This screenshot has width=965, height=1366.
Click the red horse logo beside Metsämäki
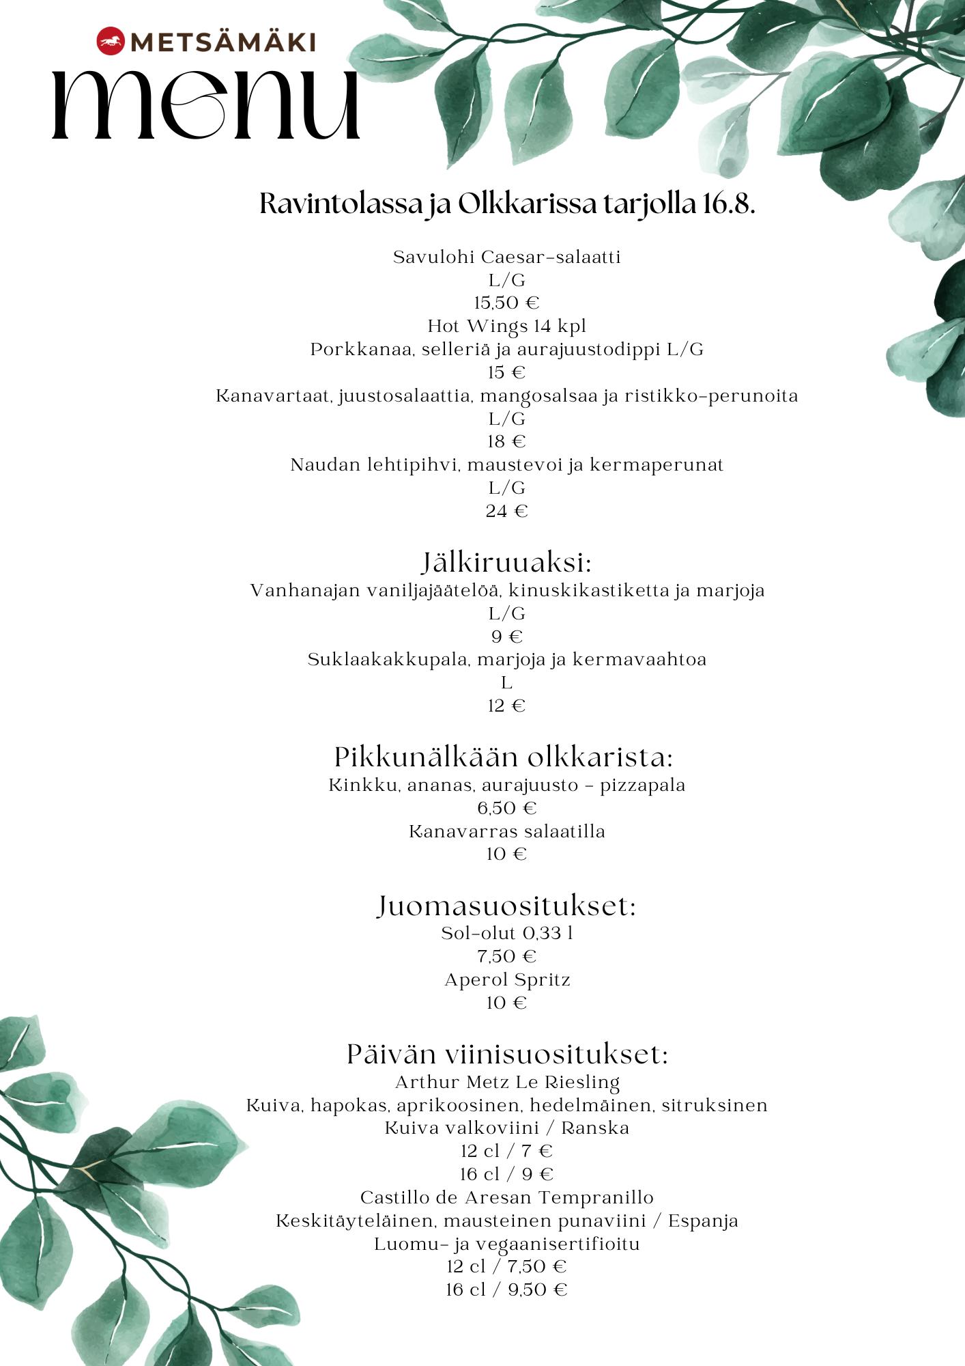[109, 43]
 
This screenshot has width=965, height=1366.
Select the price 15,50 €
[506, 303]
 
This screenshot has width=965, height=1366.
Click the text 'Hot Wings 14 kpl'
[506, 326]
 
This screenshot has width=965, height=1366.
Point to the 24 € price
[506, 511]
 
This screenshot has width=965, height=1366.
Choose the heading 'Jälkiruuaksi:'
[506, 564]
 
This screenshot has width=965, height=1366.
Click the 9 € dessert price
[506, 637]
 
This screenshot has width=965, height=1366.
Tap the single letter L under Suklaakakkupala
[506, 683]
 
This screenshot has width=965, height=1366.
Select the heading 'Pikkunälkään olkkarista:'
[504, 757]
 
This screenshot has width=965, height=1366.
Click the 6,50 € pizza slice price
[506, 808]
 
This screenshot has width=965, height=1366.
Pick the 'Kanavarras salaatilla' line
[506, 831]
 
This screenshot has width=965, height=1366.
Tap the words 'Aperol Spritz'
[506, 979]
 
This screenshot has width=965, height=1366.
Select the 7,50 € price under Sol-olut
[506, 956]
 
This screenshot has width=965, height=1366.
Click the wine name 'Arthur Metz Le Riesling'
[506, 1082]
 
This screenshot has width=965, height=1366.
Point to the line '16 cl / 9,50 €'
[506, 1290]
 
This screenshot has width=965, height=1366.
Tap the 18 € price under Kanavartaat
[506, 441]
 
